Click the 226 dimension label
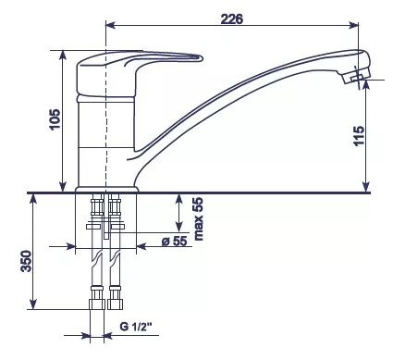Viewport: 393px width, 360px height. pyautogui.click(x=232, y=19)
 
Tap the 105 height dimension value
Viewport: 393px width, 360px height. pyautogui.click(x=55, y=119)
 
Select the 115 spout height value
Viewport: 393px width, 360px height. pyautogui.click(x=359, y=136)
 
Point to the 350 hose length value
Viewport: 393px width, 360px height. pyautogui.click(x=26, y=261)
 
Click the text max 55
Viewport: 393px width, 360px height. pyautogui.click(x=199, y=219)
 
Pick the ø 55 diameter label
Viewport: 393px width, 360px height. pyautogui.click(x=175, y=241)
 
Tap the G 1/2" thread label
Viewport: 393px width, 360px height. pyautogui.click(x=136, y=327)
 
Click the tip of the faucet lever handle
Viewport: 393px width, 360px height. pyautogui.click(x=202, y=58)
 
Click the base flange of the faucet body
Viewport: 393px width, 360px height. pyautogui.click(x=106, y=190)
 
